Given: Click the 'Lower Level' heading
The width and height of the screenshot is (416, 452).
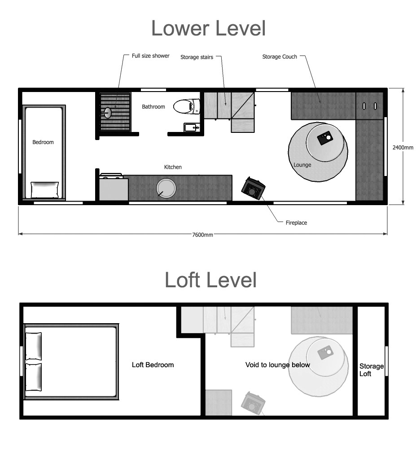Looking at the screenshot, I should (x=208, y=28).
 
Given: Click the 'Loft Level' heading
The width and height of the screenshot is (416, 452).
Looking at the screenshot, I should (x=210, y=280).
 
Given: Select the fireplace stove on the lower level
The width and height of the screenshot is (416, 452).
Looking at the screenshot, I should (x=253, y=189).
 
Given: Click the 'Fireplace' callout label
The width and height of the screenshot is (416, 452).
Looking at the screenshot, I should (x=296, y=223).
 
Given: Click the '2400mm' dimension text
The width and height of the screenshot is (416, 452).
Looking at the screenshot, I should (x=403, y=147).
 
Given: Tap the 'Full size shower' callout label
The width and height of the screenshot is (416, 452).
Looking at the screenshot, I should (x=150, y=56).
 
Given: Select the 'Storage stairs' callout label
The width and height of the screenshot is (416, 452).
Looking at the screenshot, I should (x=197, y=57).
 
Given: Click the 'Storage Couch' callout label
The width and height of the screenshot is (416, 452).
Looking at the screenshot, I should (x=280, y=57).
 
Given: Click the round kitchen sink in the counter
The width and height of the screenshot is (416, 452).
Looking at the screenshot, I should (x=166, y=188).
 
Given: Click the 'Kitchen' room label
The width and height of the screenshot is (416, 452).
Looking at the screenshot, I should (x=173, y=167).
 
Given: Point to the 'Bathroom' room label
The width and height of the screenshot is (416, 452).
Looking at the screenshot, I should (x=153, y=107).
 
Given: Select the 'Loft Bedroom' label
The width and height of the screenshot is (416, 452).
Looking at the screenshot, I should (x=153, y=364).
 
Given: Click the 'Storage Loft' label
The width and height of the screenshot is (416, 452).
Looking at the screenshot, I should (x=371, y=370).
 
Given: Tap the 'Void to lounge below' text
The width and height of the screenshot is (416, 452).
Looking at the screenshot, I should (x=277, y=364).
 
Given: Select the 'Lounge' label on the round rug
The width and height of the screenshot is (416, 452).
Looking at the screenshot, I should (x=302, y=165).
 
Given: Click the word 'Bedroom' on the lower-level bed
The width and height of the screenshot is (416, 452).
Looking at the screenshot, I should (x=43, y=142).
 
